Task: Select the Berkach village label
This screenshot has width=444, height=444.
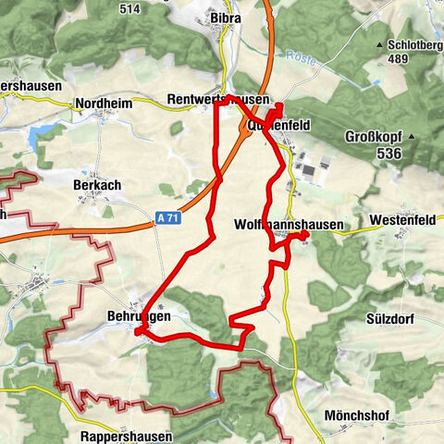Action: [97, 185]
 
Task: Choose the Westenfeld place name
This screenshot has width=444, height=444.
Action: [401, 221]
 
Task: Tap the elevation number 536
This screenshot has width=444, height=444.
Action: [388, 153]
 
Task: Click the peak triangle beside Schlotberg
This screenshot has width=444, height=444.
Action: [379, 44]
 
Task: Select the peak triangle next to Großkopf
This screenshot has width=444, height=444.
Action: [413, 138]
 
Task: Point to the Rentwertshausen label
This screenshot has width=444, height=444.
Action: [219, 99]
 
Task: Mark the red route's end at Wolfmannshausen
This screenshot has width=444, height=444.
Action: [304, 236]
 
